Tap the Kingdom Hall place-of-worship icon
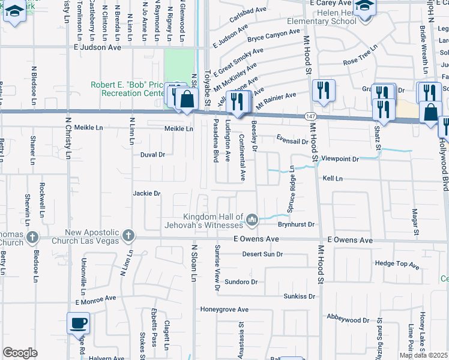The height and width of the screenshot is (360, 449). pos(252,221)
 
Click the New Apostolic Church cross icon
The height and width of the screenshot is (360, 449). pos(128,236)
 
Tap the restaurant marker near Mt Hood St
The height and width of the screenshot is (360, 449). pos(324,90)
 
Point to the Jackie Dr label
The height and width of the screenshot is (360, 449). pos(147,193)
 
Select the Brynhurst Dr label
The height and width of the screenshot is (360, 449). pos(296,224)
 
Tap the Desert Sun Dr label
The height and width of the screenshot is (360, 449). pos(262,254)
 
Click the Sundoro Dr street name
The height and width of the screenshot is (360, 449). pos(241,281)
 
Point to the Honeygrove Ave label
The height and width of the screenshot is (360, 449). pos(224,310)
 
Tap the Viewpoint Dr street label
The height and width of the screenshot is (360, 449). pos(340,159)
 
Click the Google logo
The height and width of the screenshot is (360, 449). pos(20,353)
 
